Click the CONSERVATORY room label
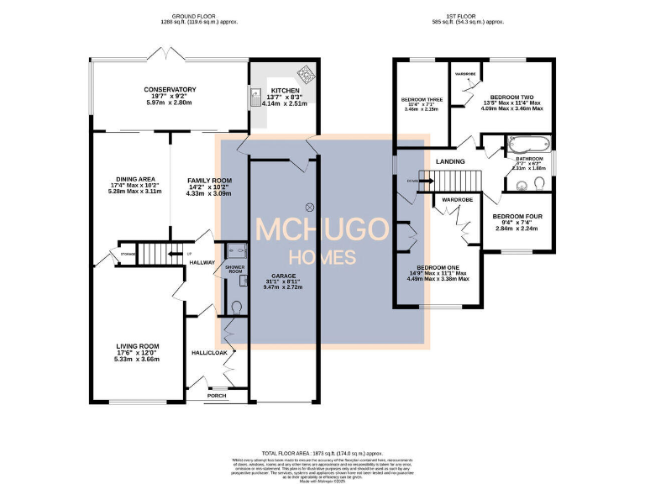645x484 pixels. tap(169, 90)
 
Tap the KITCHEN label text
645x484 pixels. tap(284, 89)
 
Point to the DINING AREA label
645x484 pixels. tap(135, 179)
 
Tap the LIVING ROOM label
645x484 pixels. tap(138, 346)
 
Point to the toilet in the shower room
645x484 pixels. tap(237, 308)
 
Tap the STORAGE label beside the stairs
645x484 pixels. tap(128, 253)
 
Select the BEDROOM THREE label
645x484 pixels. tap(422, 99)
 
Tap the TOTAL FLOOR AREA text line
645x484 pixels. tap(322, 452)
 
